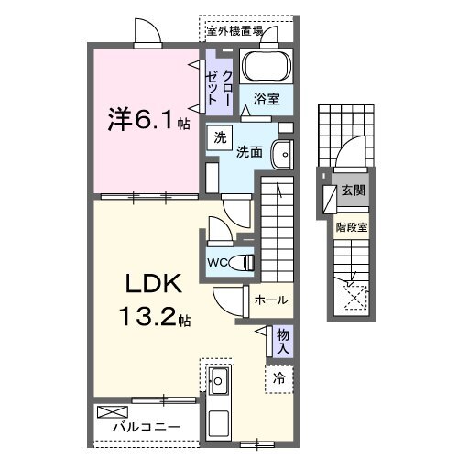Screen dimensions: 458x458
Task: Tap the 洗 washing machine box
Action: point(220,138)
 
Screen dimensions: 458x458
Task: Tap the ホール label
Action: point(271,300)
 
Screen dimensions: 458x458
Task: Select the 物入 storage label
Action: point(283,342)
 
